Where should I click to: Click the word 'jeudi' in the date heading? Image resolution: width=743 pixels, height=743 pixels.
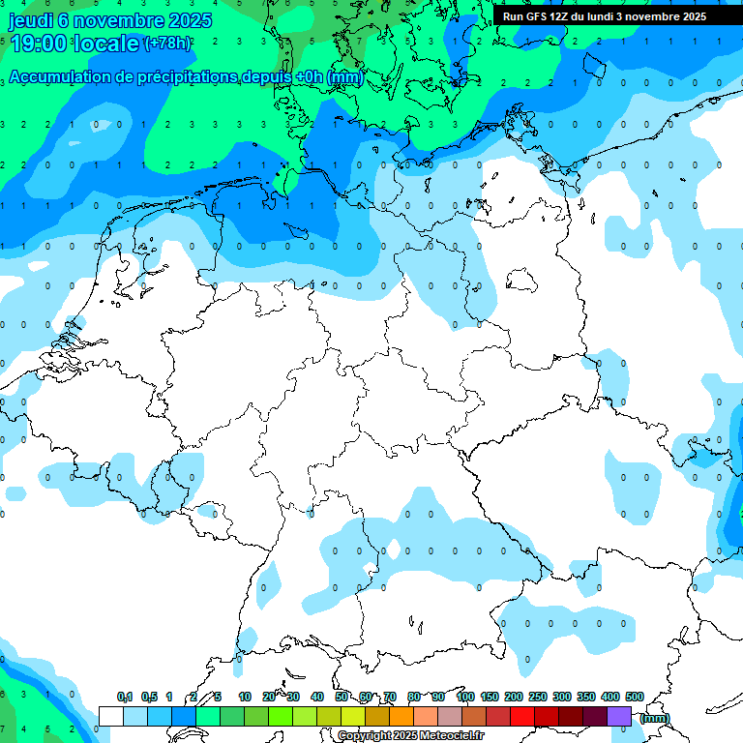(x=30, y=19)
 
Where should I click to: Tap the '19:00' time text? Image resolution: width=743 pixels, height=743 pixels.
(x=39, y=43)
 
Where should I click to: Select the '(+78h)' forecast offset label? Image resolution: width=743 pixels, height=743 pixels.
(x=167, y=43)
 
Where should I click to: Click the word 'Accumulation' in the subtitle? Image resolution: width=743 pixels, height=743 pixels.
(x=60, y=77)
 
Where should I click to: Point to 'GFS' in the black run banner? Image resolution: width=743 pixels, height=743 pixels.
(x=538, y=16)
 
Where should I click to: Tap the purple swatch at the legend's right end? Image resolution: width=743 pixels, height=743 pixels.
(x=619, y=716)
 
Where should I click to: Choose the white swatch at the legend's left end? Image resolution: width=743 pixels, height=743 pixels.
(x=111, y=716)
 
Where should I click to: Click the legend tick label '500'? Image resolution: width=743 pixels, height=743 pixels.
(x=635, y=697)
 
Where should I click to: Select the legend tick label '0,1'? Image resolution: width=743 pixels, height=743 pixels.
(x=125, y=697)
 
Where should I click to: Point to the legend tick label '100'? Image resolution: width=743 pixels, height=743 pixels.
(x=465, y=697)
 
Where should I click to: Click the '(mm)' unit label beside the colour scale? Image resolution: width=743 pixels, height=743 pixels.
(x=654, y=718)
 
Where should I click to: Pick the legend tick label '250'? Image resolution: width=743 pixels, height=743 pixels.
(x=538, y=697)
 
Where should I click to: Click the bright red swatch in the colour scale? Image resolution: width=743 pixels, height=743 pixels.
(x=522, y=716)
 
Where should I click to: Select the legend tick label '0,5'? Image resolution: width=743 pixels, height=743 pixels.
(x=149, y=697)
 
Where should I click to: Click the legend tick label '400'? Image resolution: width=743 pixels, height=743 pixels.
(x=610, y=697)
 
